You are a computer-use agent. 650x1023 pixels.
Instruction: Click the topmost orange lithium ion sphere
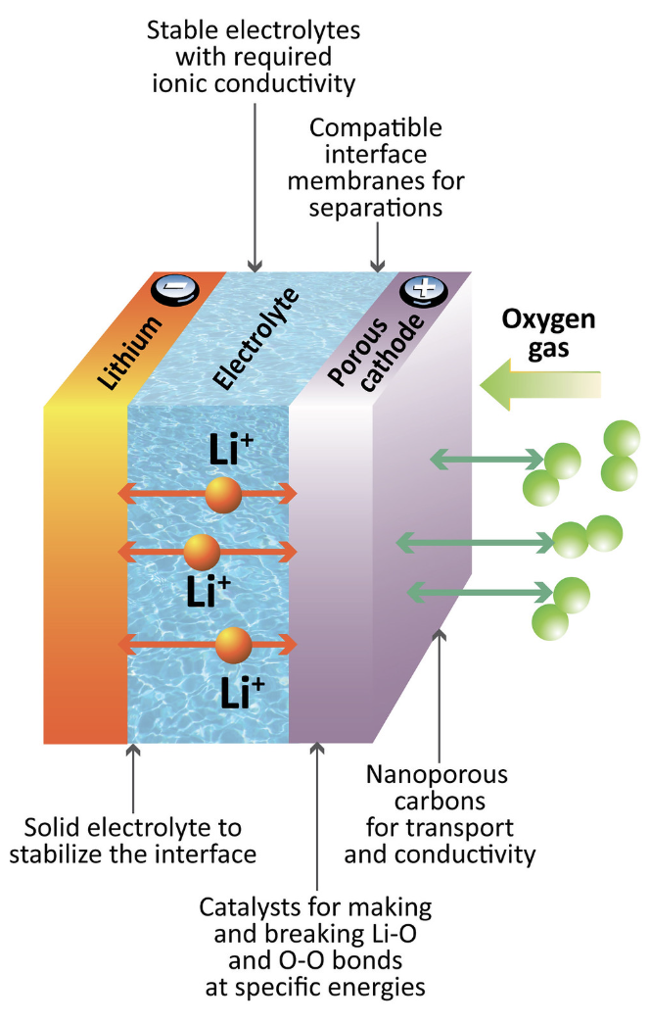click(222, 495)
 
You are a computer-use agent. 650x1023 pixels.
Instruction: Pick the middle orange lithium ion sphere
click(202, 553)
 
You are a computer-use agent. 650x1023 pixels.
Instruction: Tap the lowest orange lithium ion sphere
click(234, 644)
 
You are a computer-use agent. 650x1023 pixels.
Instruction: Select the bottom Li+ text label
click(242, 692)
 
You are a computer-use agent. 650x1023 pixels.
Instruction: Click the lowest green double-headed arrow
click(479, 591)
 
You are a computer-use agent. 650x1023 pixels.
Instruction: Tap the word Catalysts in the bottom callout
click(246, 905)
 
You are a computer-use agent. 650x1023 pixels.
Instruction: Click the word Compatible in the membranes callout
click(376, 128)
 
